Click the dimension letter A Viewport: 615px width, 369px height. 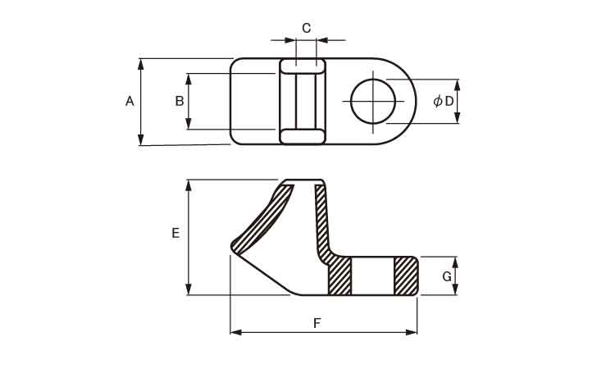[130, 101]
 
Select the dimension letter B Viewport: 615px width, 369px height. [180, 101]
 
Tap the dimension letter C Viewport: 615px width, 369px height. [307, 28]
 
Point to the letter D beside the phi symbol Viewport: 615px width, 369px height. [449, 101]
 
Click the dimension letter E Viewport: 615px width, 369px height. [175, 233]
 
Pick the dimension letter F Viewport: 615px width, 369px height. [317, 323]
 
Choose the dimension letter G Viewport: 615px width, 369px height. [447, 276]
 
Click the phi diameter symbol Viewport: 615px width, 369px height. [438, 101]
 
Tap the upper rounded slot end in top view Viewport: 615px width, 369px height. [302, 66]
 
